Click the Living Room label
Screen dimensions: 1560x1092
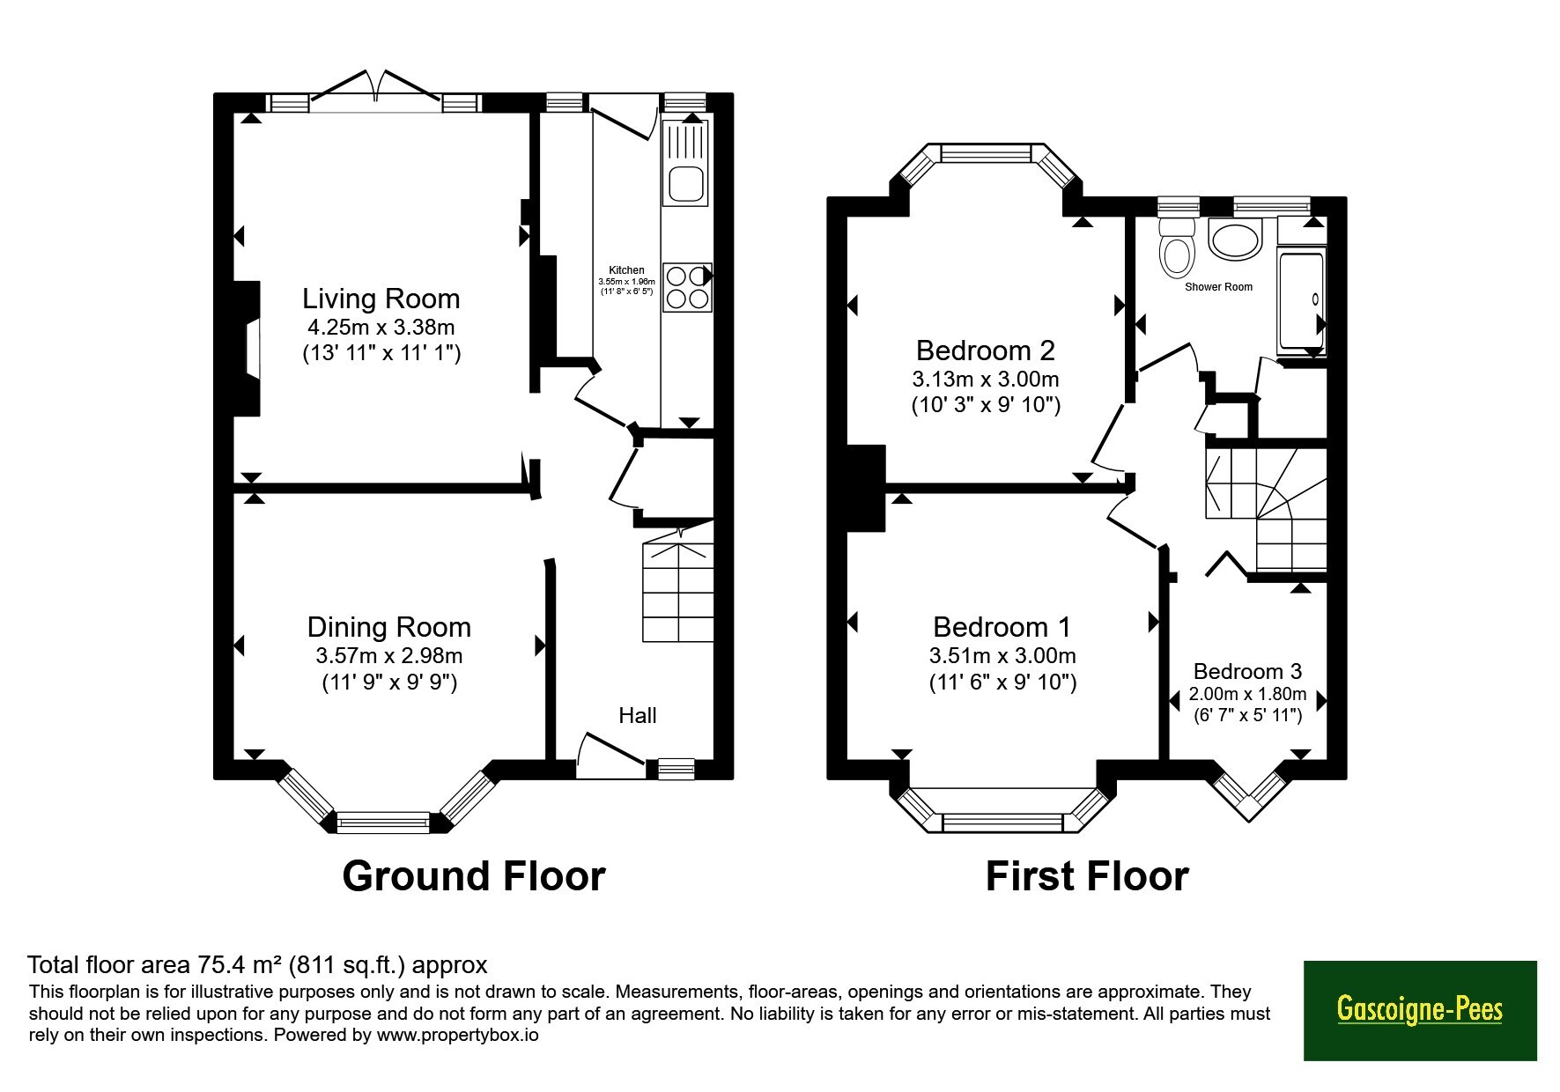click(381, 299)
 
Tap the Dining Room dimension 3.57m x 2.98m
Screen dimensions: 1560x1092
click(389, 656)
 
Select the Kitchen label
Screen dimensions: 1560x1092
click(626, 270)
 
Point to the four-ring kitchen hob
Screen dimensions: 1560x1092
click(687, 287)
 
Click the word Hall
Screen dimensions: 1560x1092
click(638, 715)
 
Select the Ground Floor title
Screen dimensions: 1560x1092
click(474, 876)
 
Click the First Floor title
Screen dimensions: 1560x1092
click(1087, 876)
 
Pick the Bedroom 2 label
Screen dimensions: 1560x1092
click(986, 350)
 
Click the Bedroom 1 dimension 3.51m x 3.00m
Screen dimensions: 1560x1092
click(1002, 656)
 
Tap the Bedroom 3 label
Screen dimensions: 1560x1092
click(1247, 672)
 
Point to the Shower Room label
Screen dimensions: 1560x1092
click(1218, 287)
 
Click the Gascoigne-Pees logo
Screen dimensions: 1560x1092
click(1420, 1010)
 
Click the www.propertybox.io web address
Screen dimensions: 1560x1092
click(457, 1035)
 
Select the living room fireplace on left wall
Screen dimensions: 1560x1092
click(247, 348)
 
